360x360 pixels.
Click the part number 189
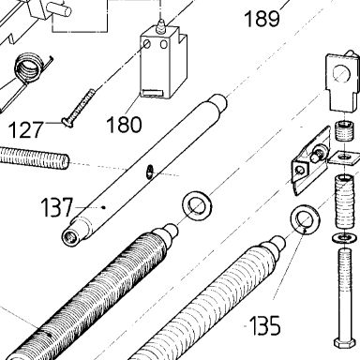[262, 19]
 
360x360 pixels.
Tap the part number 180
[124, 125]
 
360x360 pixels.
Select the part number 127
[25, 130]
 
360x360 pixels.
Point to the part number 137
[56, 207]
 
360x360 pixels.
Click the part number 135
[264, 325]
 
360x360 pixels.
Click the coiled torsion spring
[29, 68]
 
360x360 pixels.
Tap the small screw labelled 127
[78, 108]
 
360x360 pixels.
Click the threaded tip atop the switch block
[161, 25]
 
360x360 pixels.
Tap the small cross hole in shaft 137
[150, 172]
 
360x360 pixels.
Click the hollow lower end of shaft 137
[69, 238]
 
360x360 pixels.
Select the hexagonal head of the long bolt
[344, 342]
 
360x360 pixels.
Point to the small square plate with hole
[344, 157]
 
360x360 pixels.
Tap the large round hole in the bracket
[342, 74]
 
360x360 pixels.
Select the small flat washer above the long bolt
[344, 238]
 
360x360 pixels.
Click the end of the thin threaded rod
[66, 161]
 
